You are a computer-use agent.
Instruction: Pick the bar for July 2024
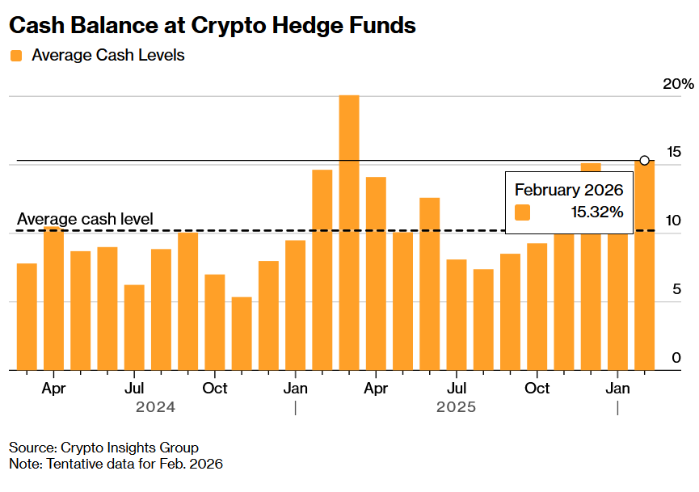tap(134, 327)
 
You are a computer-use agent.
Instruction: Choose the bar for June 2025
tap(430, 284)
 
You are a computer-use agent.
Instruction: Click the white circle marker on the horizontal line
tap(645, 160)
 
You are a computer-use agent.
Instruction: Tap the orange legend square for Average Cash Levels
tap(16, 56)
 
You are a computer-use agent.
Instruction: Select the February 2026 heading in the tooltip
tap(568, 191)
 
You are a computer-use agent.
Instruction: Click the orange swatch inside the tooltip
tap(523, 212)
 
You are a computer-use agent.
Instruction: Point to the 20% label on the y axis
tap(678, 84)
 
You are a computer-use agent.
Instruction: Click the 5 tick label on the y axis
tap(676, 289)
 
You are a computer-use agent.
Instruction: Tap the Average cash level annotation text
tap(85, 219)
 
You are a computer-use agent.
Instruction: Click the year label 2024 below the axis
tap(155, 407)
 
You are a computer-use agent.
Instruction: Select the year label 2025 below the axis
tap(456, 407)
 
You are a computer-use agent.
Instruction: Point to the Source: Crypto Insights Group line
tap(103, 448)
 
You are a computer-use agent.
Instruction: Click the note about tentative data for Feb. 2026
tap(116, 464)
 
